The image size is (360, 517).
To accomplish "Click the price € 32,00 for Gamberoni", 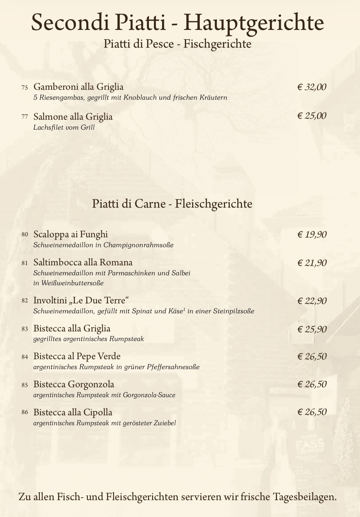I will pyautogui.click(x=312, y=87).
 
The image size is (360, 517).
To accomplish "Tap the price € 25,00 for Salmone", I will pyautogui.click(x=312, y=116).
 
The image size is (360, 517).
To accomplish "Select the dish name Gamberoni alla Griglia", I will pyautogui.click(x=79, y=87).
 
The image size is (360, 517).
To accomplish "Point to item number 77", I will pyautogui.click(x=25, y=117).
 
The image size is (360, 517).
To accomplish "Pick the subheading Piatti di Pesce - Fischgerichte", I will pyautogui.click(x=177, y=44).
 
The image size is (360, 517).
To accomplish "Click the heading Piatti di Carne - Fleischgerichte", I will pyautogui.click(x=172, y=204).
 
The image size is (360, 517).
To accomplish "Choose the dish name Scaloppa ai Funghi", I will pyautogui.click(x=71, y=234).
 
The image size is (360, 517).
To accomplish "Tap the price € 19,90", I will pyautogui.click(x=312, y=234).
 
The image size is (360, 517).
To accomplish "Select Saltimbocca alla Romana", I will pyautogui.click(x=83, y=262).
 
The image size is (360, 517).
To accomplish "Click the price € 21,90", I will pyautogui.click(x=312, y=263).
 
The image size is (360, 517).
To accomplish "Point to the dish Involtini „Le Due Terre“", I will pyautogui.click(x=81, y=301).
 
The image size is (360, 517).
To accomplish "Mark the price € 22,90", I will pyautogui.click(x=312, y=301).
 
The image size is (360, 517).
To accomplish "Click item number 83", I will pyautogui.click(x=25, y=329).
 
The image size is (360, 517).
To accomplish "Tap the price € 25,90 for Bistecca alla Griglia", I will pyautogui.click(x=312, y=329).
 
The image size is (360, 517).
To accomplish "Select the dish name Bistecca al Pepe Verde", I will pyautogui.click(x=77, y=356).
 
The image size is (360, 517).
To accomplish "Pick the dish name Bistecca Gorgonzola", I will pyautogui.click(x=74, y=384).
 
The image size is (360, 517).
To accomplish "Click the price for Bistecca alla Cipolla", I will pyautogui.click(x=312, y=412).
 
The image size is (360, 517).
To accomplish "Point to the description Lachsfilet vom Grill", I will pyautogui.click(x=64, y=128).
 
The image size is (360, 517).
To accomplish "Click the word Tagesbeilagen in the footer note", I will pyautogui.click(x=305, y=496).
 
